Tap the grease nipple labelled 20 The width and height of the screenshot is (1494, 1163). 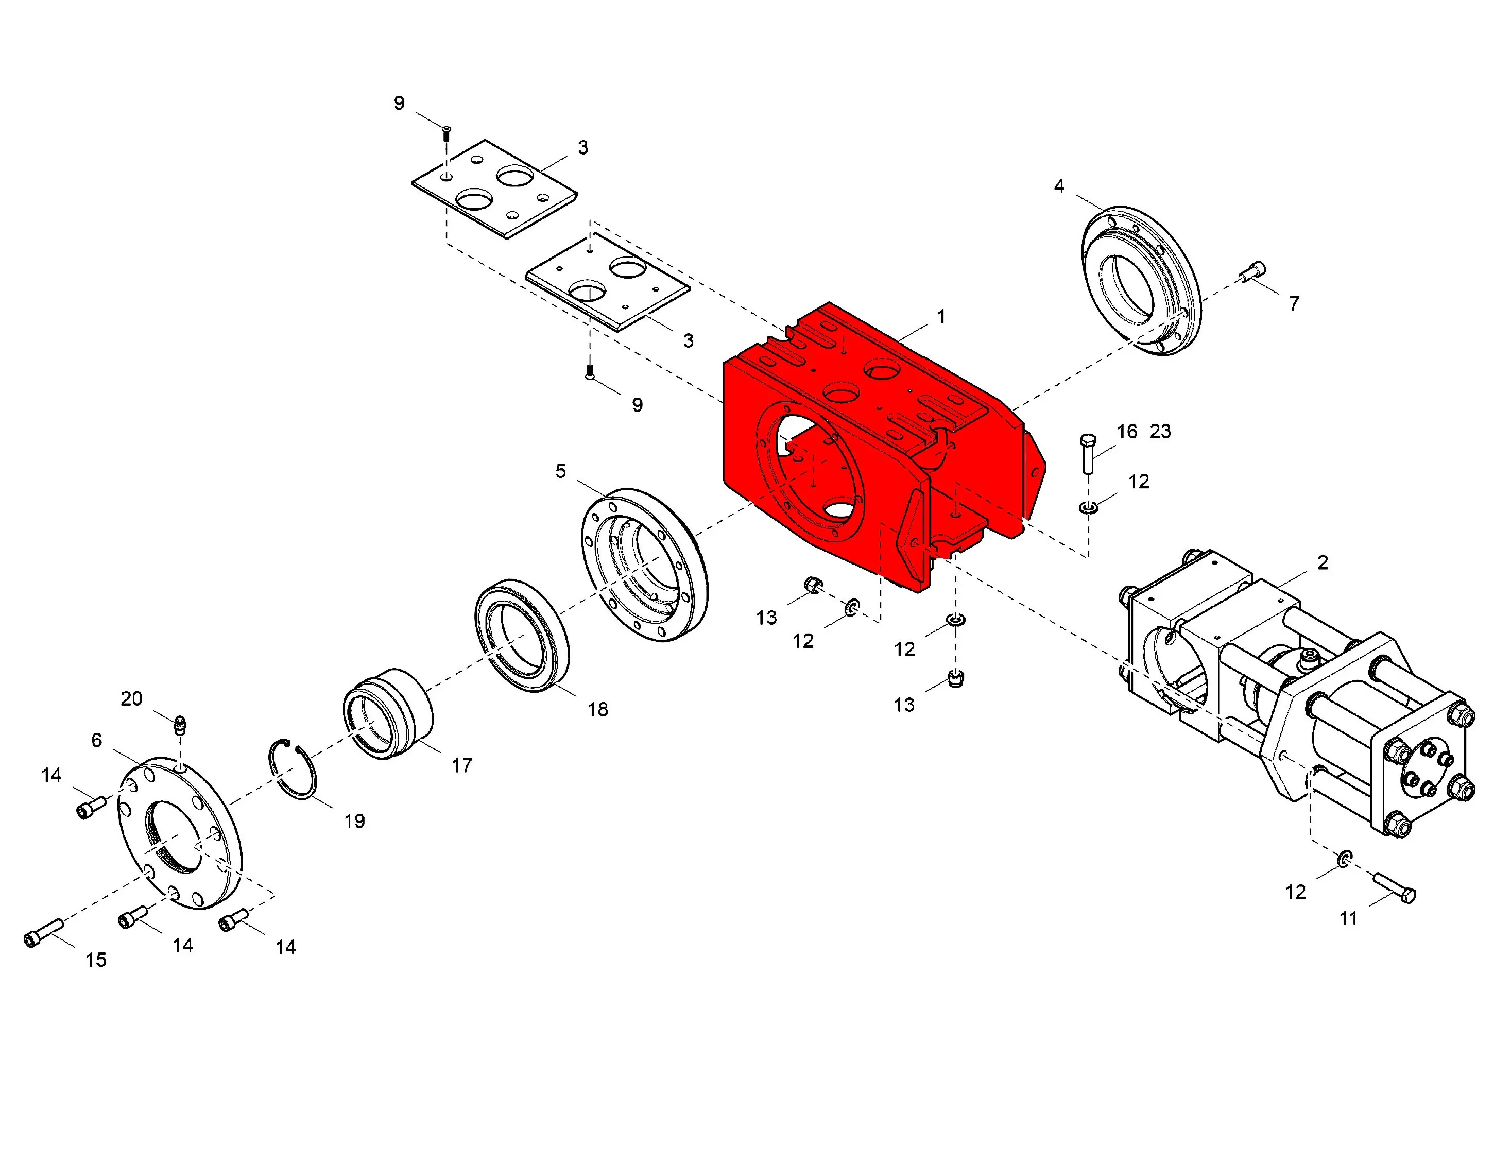coord(180,725)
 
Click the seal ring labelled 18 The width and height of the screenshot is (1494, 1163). coord(522,635)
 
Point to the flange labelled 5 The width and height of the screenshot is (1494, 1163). coord(644,565)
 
